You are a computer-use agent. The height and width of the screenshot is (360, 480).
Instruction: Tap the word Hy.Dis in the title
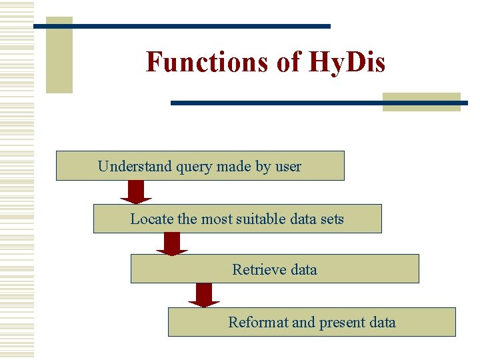347,62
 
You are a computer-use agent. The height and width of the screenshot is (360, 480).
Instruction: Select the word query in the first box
194,166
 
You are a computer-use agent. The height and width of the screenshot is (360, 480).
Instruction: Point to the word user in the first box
288,166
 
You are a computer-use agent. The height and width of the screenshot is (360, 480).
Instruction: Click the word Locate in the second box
151,219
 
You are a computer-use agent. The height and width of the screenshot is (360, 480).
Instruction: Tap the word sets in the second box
331,219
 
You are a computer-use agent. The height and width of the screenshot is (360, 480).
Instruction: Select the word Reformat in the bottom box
258,323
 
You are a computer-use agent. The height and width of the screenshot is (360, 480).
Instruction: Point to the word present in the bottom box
342,323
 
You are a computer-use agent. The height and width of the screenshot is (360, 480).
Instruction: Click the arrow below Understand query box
136,192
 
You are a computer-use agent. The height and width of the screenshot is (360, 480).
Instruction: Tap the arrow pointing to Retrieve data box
172,243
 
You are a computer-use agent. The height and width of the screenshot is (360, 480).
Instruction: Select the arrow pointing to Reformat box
204,295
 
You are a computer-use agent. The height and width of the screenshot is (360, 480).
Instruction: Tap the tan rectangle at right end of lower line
421,102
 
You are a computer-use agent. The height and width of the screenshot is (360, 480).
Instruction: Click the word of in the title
289,62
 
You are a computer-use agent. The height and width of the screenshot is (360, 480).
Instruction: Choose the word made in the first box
233,166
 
